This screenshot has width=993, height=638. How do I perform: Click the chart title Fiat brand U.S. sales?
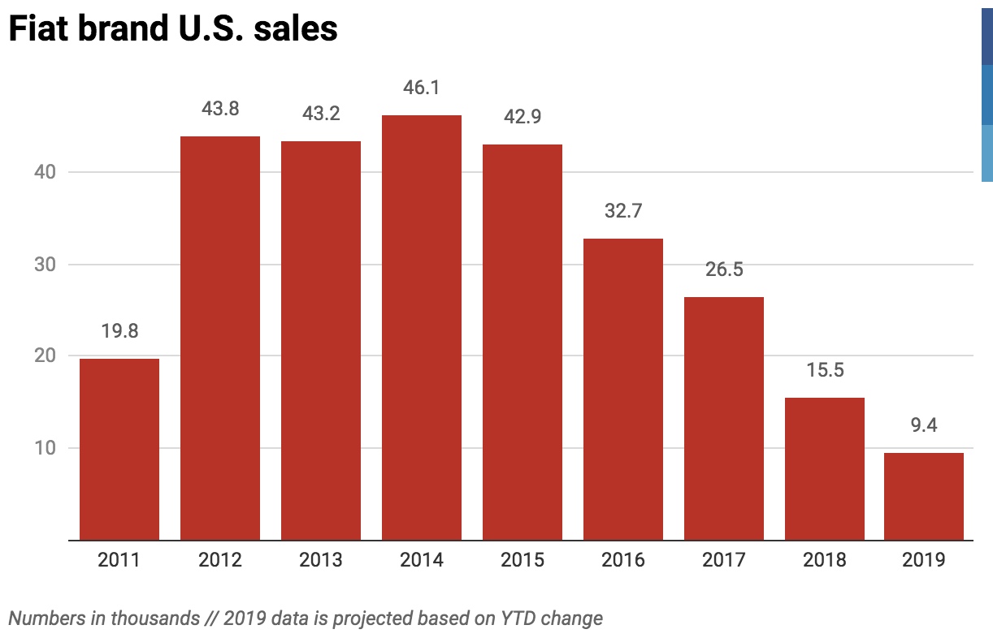[x=172, y=29]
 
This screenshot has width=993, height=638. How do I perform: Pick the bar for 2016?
[x=622, y=389]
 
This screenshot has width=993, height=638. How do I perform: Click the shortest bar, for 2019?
[x=924, y=496]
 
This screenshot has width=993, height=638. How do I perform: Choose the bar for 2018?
[x=824, y=468]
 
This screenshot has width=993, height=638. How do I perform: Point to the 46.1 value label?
[x=421, y=87]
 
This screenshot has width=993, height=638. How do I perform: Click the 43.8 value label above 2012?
[x=219, y=108]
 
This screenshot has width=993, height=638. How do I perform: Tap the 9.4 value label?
[x=924, y=425]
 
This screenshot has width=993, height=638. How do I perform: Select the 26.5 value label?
[x=723, y=269]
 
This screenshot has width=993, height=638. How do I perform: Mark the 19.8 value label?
[x=119, y=331]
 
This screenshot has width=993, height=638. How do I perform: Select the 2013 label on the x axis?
[x=320, y=560]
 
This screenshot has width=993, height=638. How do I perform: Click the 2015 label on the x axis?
[x=522, y=560]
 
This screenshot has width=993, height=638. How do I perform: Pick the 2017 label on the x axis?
[x=723, y=560]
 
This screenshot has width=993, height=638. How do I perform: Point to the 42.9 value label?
[x=522, y=116]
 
